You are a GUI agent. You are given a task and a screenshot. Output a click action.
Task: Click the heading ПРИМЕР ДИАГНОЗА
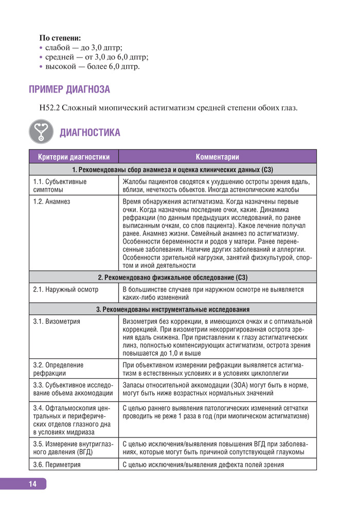[69, 90]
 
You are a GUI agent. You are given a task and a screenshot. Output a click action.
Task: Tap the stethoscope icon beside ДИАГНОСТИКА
[42, 132]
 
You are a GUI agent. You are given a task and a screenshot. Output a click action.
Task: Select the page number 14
[32, 484]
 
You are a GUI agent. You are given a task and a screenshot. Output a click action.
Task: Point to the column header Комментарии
[217, 157]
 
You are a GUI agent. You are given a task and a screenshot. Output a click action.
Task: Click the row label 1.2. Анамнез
[51, 202]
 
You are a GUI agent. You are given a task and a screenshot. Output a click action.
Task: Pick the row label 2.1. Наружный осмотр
[65, 289]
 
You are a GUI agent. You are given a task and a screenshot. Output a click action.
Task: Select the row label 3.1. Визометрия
[56, 321]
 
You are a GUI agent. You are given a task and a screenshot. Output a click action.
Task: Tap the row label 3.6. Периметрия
[57, 465]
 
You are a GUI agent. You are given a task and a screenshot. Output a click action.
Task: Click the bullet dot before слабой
[41, 47]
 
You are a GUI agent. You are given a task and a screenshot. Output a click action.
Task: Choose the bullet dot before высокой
[41, 67]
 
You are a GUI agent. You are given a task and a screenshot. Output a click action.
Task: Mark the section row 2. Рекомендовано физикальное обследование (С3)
[173, 278]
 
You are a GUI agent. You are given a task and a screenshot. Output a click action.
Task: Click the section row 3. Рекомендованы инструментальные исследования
[173, 309]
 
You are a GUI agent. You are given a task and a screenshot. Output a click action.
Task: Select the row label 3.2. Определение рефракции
[58, 369]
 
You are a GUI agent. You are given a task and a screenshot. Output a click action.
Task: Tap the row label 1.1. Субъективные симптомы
[60, 186]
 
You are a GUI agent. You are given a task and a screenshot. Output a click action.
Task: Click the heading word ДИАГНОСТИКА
[90, 133]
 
